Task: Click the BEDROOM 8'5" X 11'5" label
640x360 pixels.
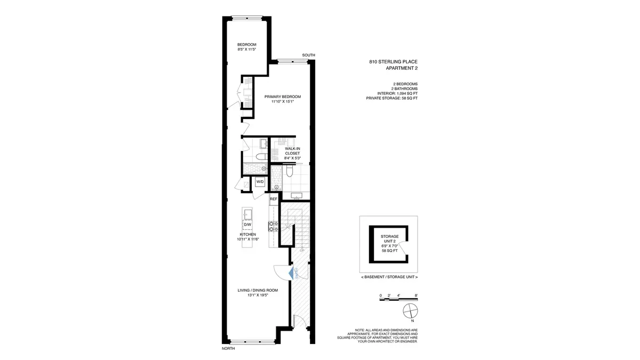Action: pos(247,46)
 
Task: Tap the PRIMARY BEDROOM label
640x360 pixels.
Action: pos(283,100)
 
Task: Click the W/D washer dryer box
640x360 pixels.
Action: pos(260,182)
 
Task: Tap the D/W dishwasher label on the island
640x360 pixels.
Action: pos(247,225)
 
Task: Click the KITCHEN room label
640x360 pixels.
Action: pos(248,237)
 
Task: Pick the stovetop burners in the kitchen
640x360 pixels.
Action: pos(271,226)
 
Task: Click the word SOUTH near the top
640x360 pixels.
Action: pos(308,55)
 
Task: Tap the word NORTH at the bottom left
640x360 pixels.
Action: pos(228,349)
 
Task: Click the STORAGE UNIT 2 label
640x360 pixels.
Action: pos(389,238)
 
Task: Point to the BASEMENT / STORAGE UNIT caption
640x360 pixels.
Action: pos(389,277)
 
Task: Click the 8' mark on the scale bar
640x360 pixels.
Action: pos(415,295)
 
